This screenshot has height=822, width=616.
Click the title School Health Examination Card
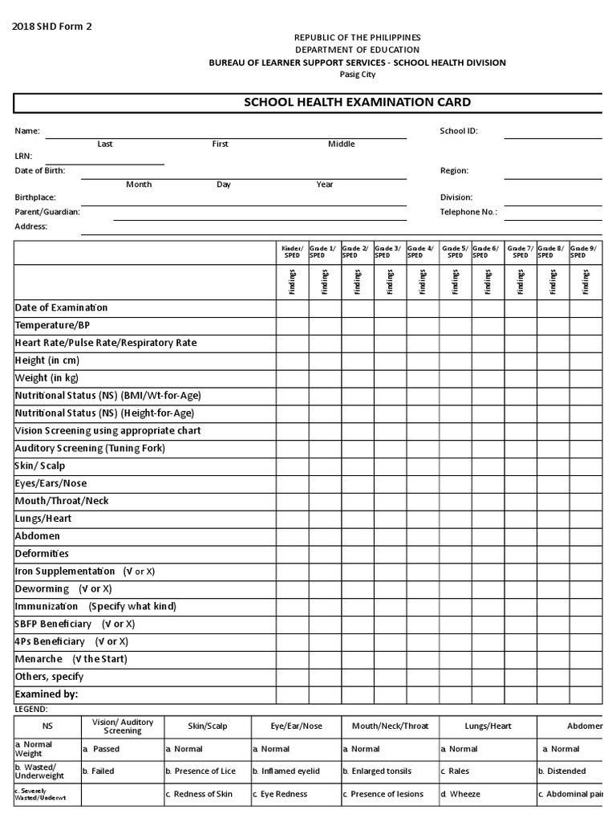(x=357, y=102)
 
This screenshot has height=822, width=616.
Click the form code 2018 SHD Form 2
(x=52, y=26)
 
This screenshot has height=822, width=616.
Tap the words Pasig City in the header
(x=357, y=75)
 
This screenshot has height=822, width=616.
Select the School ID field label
(x=459, y=130)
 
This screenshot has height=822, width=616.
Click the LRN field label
(x=23, y=157)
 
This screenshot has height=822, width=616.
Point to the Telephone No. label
(x=468, y=212)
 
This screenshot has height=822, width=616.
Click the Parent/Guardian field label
(x=47, y=212)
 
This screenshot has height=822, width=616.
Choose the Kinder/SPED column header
(x=292, y=252)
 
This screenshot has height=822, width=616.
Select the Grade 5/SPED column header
(x=455, y=252)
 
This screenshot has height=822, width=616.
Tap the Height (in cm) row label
(x=47, y=360)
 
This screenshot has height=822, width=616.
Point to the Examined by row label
(x=47, y=694)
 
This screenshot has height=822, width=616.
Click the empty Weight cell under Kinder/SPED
(x=293, y=378)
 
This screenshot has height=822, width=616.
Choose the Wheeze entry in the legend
(x=464, y=794)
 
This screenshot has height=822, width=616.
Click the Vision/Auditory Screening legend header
(x=122, y=726)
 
